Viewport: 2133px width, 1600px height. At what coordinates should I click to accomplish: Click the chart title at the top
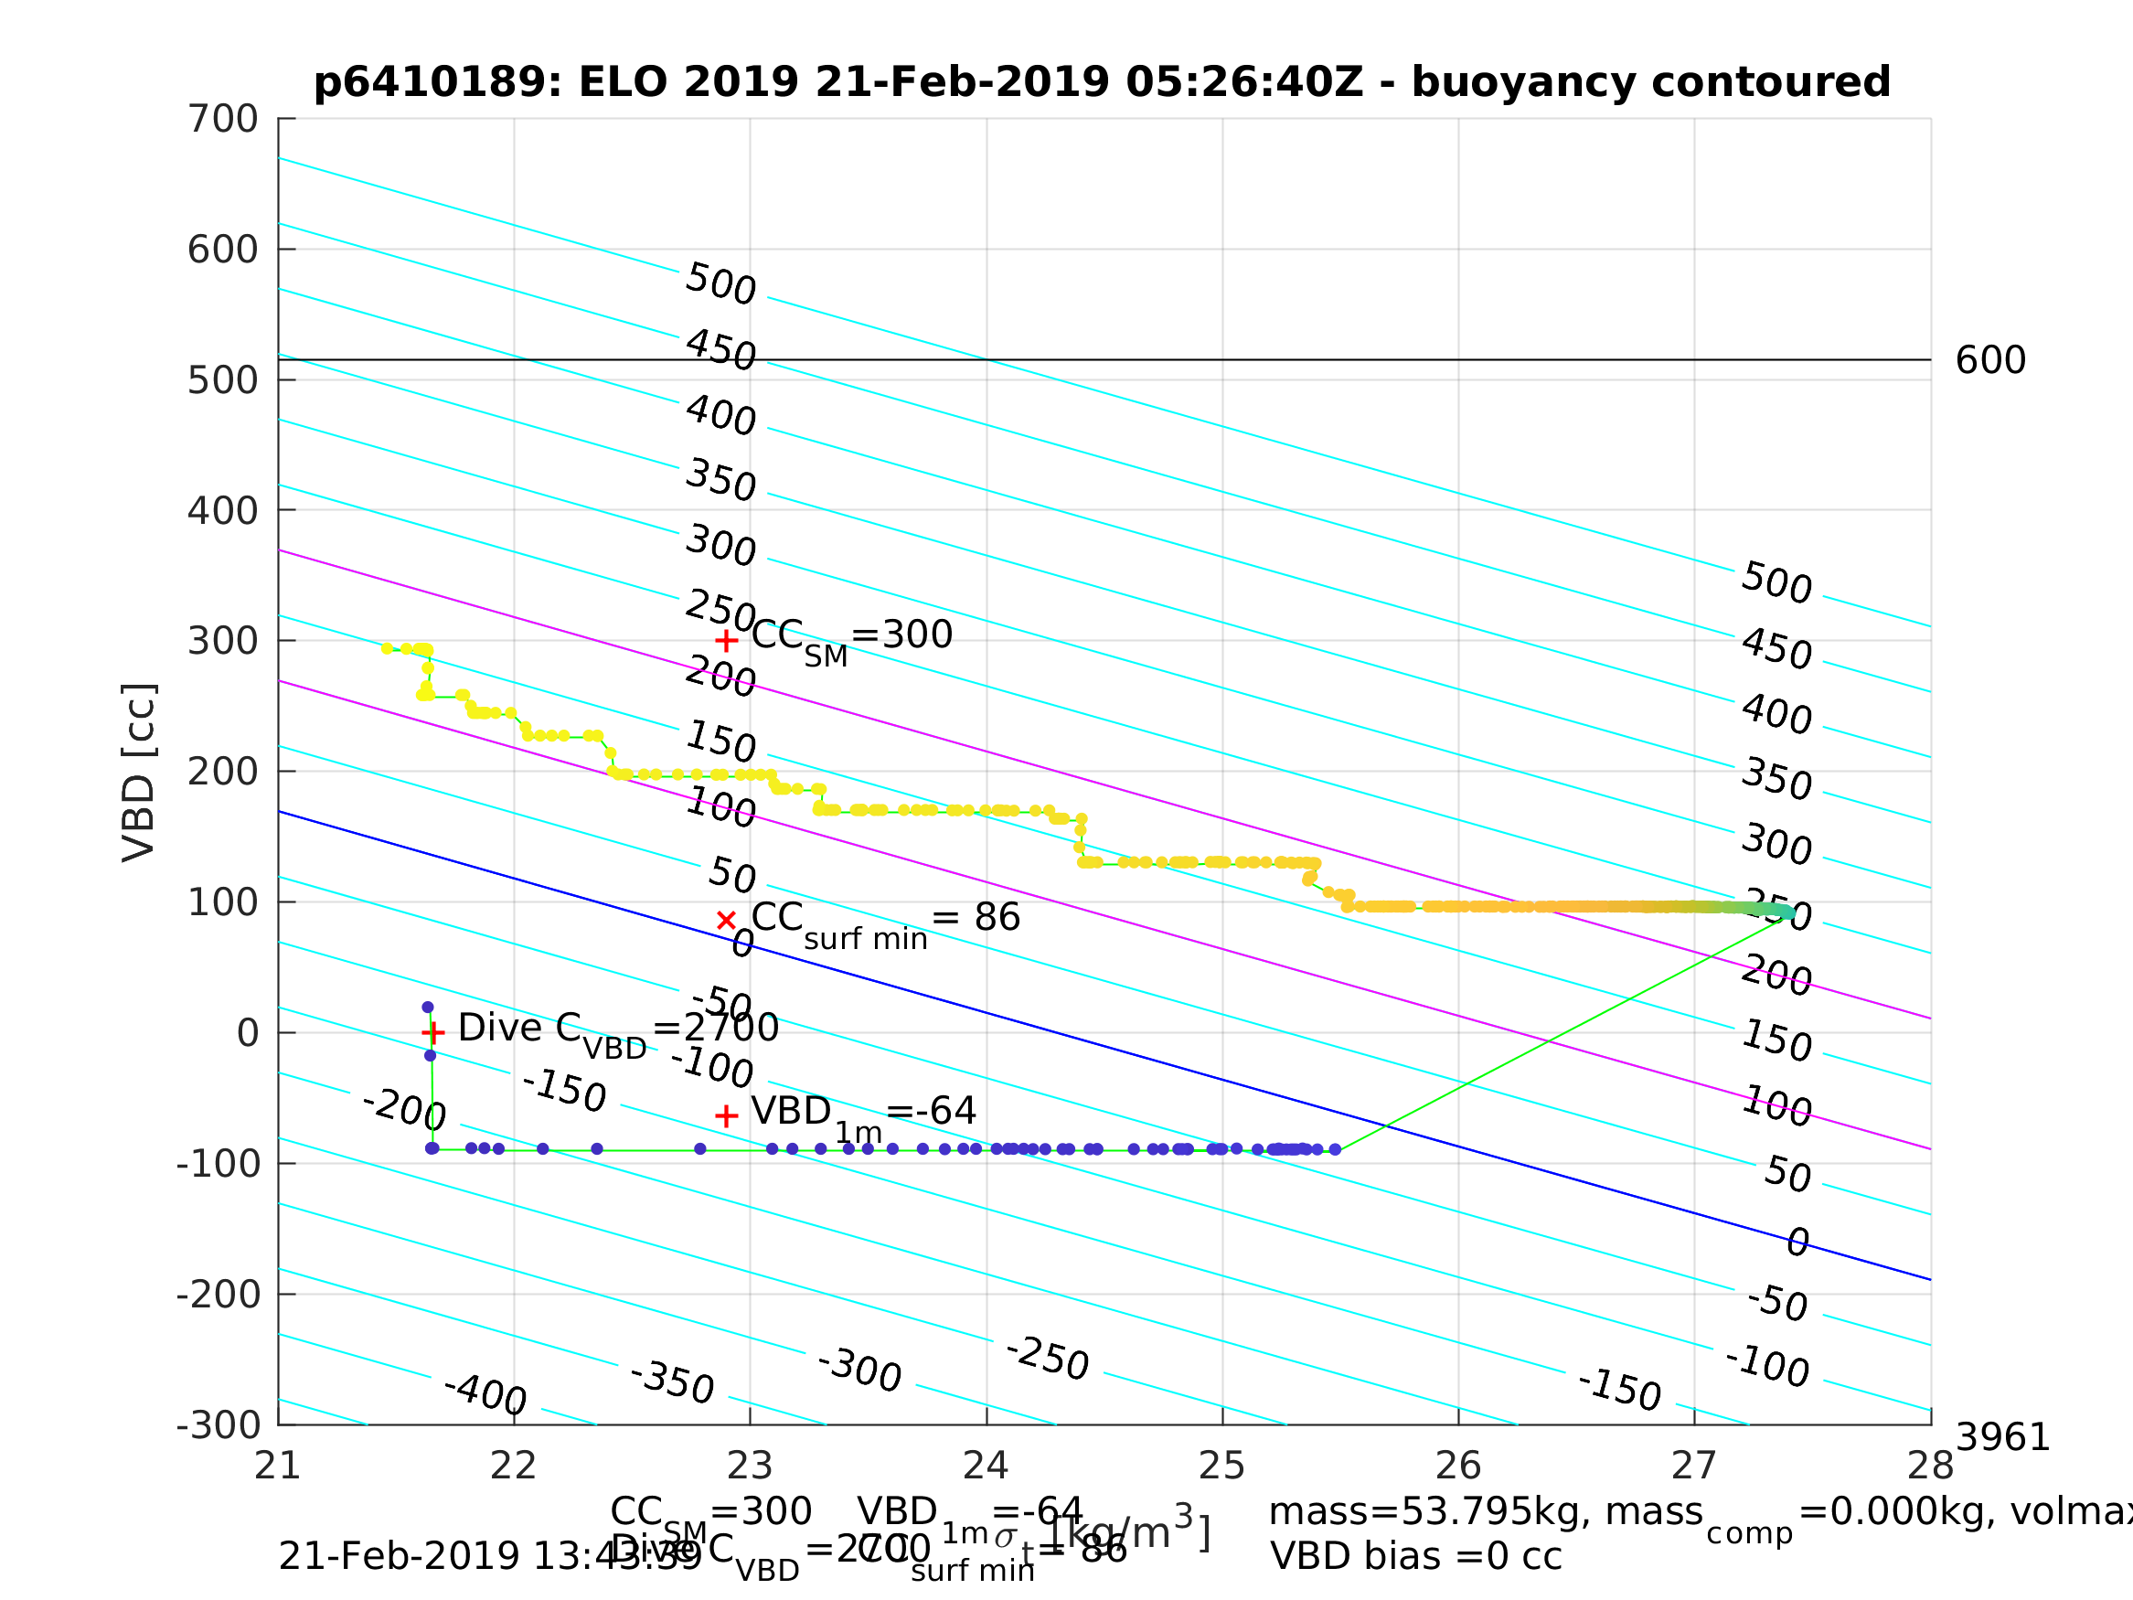1101,82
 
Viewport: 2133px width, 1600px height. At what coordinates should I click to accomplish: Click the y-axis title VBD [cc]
139,773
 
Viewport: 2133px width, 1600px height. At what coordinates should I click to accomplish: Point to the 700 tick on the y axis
223,120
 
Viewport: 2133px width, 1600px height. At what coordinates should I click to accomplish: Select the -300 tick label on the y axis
218,1425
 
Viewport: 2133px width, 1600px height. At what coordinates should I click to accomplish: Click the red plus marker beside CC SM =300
726,640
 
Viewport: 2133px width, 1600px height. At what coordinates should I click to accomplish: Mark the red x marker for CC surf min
726,920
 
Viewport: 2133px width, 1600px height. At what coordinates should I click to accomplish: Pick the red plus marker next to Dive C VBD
433,1033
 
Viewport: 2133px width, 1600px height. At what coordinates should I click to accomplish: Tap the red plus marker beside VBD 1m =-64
726,1115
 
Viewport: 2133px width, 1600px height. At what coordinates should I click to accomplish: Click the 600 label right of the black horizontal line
1990,361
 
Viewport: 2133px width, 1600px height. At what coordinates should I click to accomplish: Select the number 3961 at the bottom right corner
2002,1438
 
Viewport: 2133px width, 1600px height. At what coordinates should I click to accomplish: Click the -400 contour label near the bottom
484,1394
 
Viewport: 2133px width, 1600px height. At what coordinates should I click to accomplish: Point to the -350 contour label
671,1382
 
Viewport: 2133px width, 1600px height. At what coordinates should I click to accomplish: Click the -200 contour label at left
403,1108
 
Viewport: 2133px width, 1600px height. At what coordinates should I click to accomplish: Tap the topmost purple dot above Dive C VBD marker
427,1007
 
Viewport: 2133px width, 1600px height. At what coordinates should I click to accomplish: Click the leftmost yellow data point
387,648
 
